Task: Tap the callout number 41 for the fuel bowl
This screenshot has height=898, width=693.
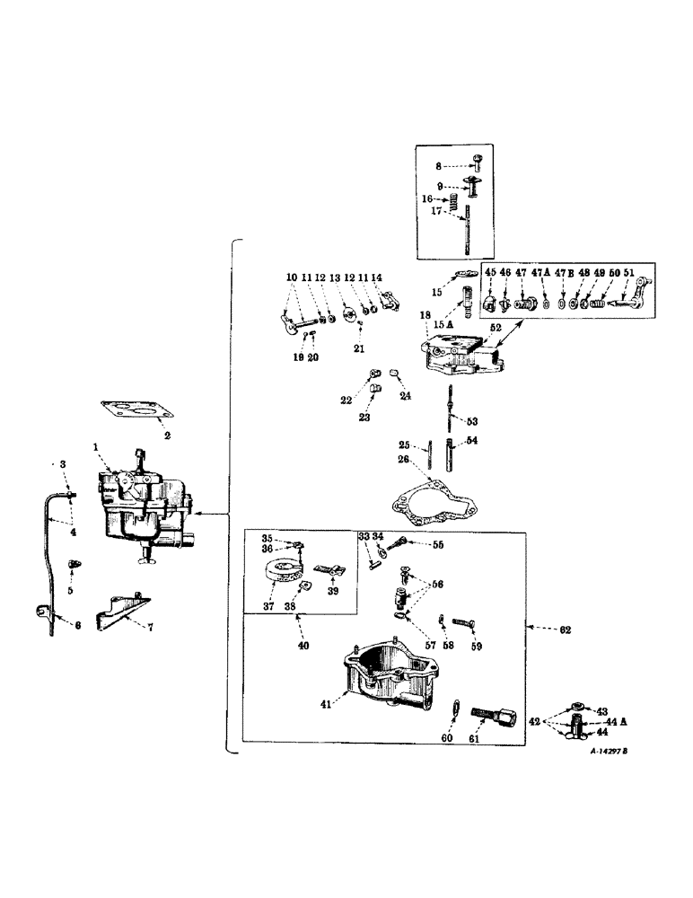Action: click(x=326, y=706)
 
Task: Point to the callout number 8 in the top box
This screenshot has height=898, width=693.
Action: click(x=440, y=166)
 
